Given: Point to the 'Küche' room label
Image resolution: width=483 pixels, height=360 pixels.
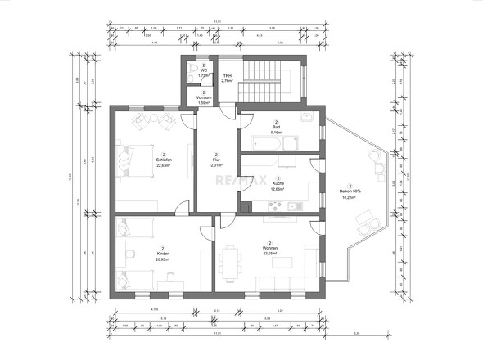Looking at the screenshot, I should pyautogui.click(x=278, y=183).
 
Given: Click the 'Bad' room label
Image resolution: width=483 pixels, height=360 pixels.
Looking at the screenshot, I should pyautogui.click(x=278, y=127).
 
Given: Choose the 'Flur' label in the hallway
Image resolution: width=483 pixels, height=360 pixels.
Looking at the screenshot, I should pyautogui.click(x=216, y=160).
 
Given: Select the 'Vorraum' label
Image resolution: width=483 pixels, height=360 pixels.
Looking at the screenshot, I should pyautogui.click(x=204, y=97).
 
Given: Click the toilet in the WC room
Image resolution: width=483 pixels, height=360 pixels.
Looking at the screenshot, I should pyautogui.click(x=192, y=68).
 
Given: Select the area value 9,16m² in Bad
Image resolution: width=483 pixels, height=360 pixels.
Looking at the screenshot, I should pyautogui.click(x=278, y=133).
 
